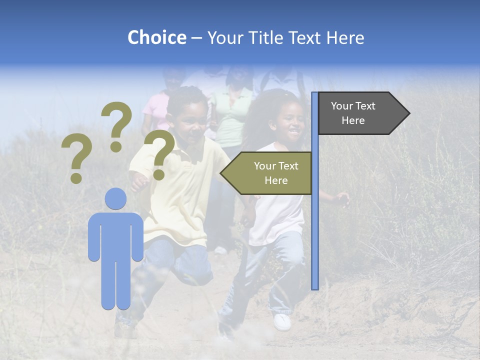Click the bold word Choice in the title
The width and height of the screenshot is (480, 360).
click(156, 37)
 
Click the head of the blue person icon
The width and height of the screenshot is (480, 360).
click(115, 199)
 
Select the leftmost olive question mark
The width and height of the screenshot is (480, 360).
click(76, 159)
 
